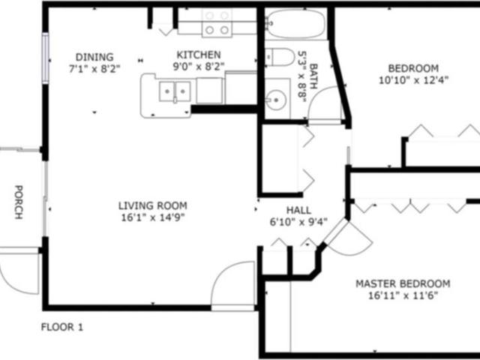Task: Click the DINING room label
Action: [94, 57]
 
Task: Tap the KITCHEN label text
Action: [198, 55]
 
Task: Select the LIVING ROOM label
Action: [152, 205]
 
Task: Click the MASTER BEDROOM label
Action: [402, 283]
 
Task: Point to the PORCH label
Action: [17, 202]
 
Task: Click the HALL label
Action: [298, 211]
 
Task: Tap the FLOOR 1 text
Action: [62, 327]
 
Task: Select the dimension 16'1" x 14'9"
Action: [152, 217]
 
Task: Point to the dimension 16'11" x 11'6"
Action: [402, 295]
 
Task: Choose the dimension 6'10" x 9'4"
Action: [298, 222]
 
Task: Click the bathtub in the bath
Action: [296, 24]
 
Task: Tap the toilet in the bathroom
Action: [280, 57]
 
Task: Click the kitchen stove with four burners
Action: [217, 23]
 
